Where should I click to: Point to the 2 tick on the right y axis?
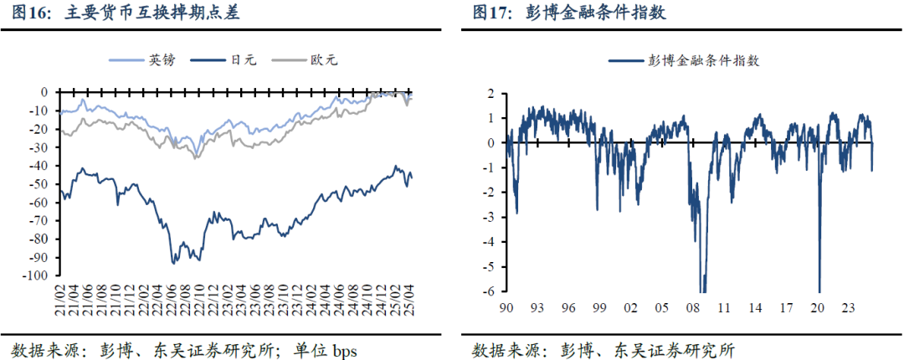tap(492, 93)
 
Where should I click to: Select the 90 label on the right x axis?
tap(506, 307)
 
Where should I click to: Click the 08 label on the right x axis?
tap(694, 307)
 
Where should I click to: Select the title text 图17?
tap(492, 13)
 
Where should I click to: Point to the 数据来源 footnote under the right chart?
tap(502, 348)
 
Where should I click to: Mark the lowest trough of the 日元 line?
tap(173, 264)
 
